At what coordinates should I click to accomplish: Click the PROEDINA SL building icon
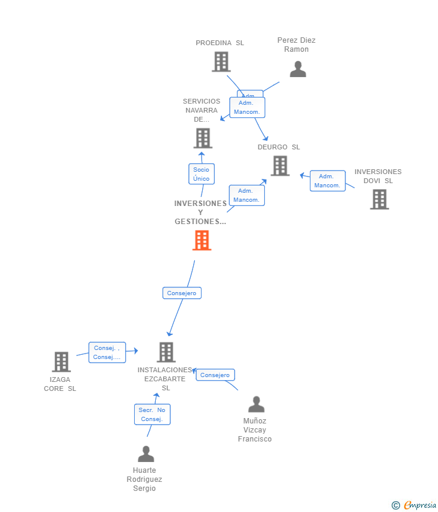(x=221, y=61)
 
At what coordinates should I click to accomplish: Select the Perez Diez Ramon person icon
(x=298, y=69)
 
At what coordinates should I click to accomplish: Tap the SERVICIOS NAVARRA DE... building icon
(x=203, y=138)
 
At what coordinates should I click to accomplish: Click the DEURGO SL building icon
(x=280, y=166)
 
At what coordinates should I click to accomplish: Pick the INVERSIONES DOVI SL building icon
(x=379, y=199)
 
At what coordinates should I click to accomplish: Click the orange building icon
(x=202, y=240)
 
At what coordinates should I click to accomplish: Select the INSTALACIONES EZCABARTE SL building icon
(x=165, y=352)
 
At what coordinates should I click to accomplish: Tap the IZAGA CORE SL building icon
(x=61, y=361)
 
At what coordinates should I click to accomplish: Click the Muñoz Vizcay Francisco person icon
(x=256, y=404)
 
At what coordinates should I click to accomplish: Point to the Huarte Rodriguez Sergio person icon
(x=146, y=454)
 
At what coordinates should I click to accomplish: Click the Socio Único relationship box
(x=202, y=174)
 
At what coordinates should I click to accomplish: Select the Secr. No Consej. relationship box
(x=152, y=414)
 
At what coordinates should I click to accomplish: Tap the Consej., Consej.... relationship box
(x=107, y=352)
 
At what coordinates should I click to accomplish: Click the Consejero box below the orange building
(x=182, y=293)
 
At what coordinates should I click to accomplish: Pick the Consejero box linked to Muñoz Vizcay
(x=215, y=375)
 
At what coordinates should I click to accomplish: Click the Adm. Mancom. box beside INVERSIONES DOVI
(x=327, y=181)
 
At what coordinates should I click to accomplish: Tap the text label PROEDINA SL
(x=220, y=43)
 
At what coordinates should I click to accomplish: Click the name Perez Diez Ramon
(x=296, y=45)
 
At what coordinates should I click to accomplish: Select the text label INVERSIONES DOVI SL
(x=378, y=176)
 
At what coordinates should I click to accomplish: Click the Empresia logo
(x=419, y=505)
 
